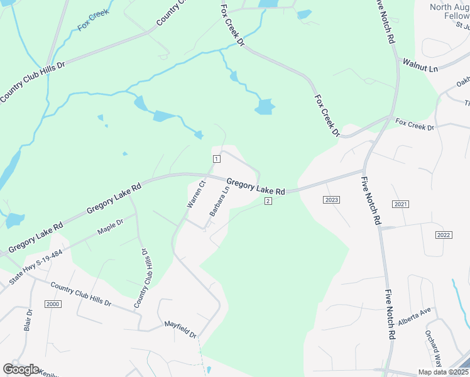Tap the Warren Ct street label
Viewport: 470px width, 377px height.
tap(196, 194)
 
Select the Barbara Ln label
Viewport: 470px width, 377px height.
tap(219, 202)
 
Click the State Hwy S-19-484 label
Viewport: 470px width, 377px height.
tap(36, 267)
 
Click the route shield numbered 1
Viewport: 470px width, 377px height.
tap(216, 159)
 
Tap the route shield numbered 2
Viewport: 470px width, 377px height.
tap(268, 201)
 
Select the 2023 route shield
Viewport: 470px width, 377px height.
tap(332, 200)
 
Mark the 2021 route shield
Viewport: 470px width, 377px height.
tap(400, 205)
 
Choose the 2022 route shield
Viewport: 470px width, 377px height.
tap(444, 235)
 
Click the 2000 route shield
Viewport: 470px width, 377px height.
tap(53, 304)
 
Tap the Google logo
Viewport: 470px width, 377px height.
tap(21, 369)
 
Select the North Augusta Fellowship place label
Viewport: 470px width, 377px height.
tap(449, 12)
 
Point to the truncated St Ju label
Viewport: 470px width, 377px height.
tap(462, 26)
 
